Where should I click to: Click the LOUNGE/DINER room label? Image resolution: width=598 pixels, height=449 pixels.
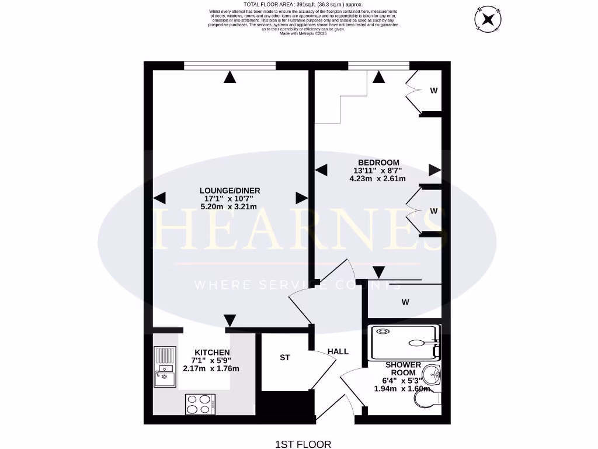[230, 191]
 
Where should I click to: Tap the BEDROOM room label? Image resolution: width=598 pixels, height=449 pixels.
[378, 163]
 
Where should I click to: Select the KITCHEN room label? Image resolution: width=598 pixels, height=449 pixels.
[212, 352]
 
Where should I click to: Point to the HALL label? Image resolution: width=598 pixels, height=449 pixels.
[338, 351]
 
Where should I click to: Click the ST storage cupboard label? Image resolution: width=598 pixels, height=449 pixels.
[285, 357]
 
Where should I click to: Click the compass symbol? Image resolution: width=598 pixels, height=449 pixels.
[488, 19]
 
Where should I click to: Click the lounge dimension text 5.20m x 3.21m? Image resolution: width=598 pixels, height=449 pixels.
[230, 206]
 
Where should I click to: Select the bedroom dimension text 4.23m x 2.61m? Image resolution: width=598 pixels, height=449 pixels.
[377, 179]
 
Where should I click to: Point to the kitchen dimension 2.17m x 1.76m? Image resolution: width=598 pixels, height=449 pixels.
[211, 368]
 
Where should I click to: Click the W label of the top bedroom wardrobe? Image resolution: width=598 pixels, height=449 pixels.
[434, 91]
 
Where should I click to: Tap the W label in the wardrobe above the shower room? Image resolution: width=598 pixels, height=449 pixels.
[404, 302]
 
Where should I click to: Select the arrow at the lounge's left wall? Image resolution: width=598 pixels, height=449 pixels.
[160, 198]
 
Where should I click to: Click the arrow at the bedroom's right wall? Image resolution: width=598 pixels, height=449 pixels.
[434, 170]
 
